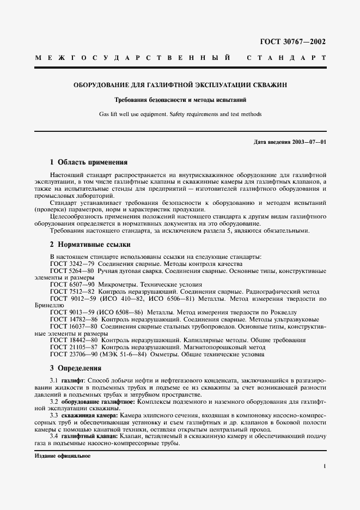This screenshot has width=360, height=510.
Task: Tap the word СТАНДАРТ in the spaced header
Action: pyautogui.click(x=286, y=57)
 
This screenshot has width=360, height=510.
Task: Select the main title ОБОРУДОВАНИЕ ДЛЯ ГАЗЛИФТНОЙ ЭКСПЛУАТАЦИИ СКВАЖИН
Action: pyautogui.click(x=180, y=85)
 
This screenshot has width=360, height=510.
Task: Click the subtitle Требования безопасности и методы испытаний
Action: pyautogui.click(x=180, y=100)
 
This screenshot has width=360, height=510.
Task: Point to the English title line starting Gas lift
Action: pyautogui.click(x=180, y=114)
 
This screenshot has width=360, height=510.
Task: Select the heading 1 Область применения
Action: pyautogui.click(x=88, y=162)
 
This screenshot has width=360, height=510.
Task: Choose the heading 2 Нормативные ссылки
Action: pyautogui.click(x=89, y=245)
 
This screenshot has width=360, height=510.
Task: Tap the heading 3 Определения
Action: pyautogui.click(x=76, y=368)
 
